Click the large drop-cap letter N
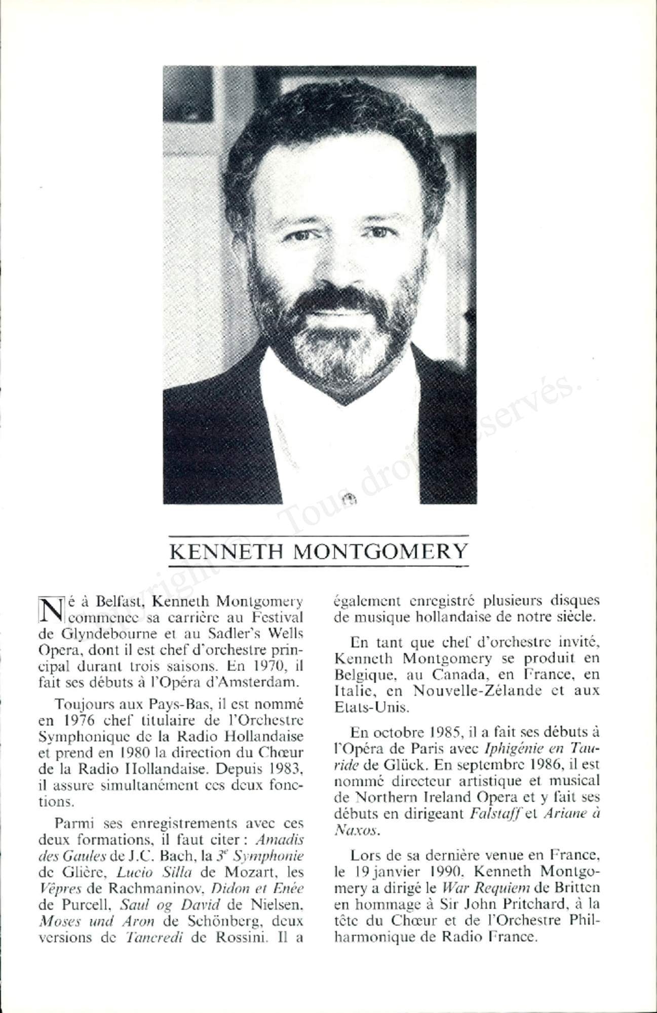(50, 609)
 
